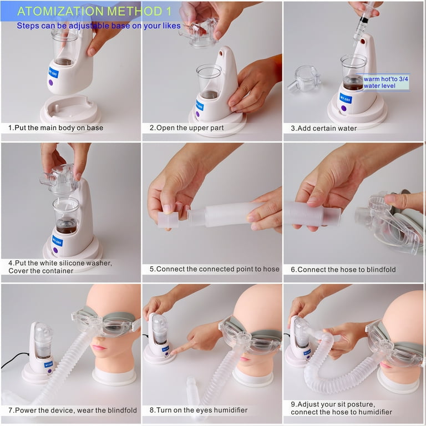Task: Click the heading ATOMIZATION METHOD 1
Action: pyautogui.click(x=94, y=11)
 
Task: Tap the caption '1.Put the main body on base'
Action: pyautogui.click(x=55, y=128)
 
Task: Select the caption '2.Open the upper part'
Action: pyautogui.click(x=186, y=128)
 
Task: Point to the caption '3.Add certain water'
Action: pyautogui.click(x=324, y=128)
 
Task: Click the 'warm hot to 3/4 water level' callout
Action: pyautogui.click(x=386, y=82)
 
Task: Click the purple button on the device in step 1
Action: pyautogui.click(x=51, y=82)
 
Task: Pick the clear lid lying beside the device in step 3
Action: pyautogui.click(x=305, y=79)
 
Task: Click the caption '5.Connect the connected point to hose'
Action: pyautogui.click(x=214, y=269)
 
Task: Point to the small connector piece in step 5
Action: pyautogui.click(x=168, y=220)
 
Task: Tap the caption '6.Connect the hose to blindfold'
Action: pyautogui.click(x=343, y=270)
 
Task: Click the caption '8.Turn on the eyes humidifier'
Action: pyautogui.click(x=199, y=410)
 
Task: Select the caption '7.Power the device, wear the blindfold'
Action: pyautogui.click(x=73, y=410)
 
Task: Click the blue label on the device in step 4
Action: pyautogui.click(x=57, y=241)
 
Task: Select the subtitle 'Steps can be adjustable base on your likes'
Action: pyautogui.click(x=99, y=26)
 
